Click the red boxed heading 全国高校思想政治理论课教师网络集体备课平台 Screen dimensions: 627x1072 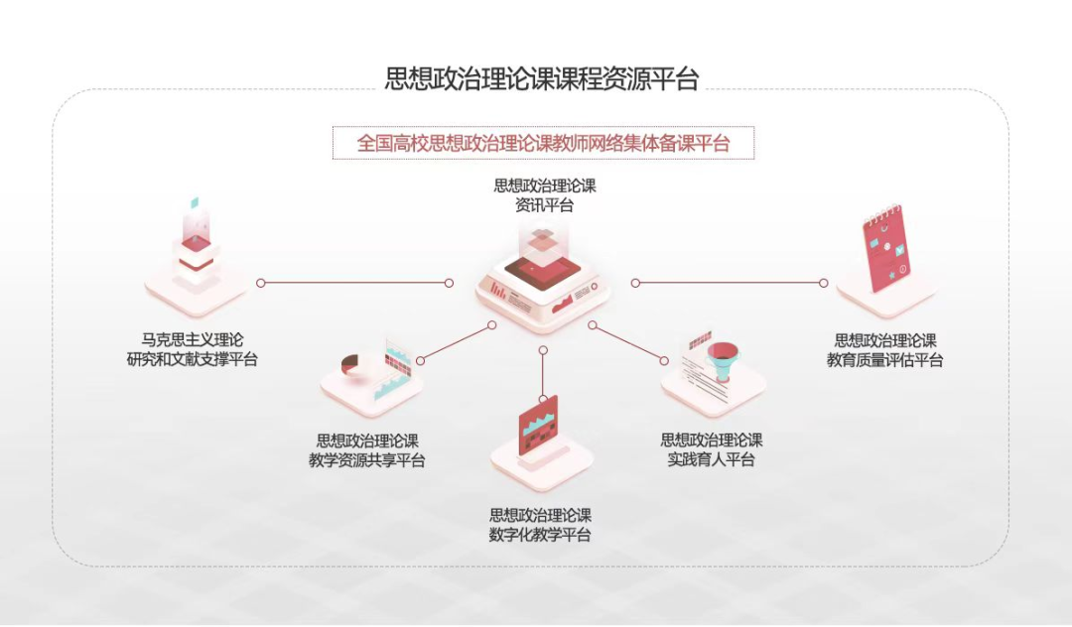543,143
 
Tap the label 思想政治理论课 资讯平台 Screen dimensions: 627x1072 545,195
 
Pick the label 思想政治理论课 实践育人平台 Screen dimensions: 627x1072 712,449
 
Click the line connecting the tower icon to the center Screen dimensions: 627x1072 354,283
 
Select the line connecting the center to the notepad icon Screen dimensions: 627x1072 730,283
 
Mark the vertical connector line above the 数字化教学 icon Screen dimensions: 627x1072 543,372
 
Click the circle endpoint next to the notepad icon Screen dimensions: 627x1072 823,283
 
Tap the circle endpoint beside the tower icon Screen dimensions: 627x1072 261,283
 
